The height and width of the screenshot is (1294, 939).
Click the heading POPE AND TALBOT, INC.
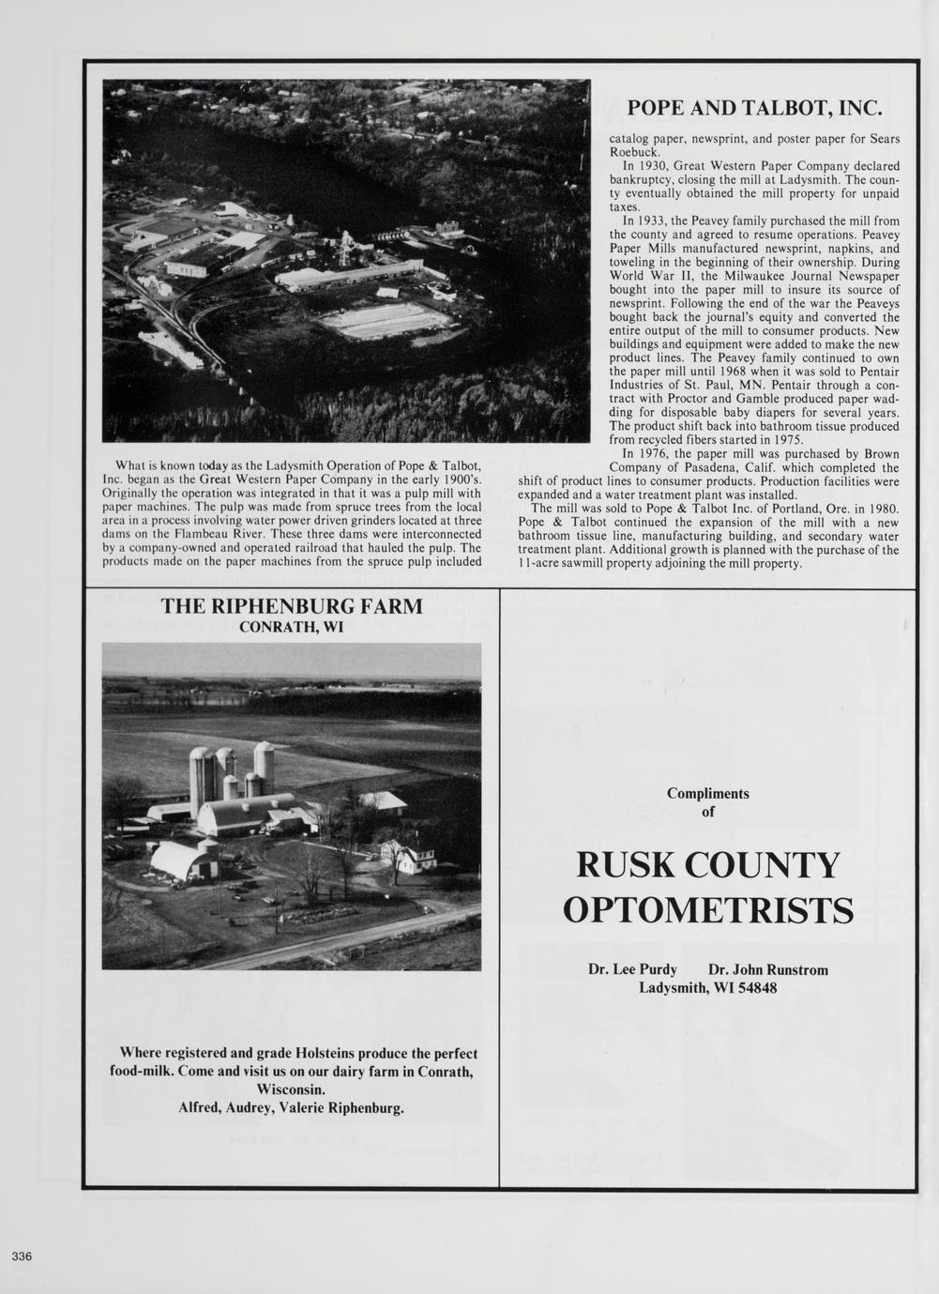click(754, 107)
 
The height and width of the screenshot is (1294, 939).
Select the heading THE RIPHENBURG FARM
click(292, 606)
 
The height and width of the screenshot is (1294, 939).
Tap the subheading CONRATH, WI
click(292, 628)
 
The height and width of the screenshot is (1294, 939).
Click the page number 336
click(23, 1256)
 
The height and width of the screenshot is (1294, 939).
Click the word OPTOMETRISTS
click(708, 909)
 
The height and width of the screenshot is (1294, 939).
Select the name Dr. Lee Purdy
click(632, 969)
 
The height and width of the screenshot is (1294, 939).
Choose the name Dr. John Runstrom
click(768, 969)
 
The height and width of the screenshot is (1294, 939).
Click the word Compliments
click(708, 793)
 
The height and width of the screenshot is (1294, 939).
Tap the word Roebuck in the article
click(635, 151)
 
